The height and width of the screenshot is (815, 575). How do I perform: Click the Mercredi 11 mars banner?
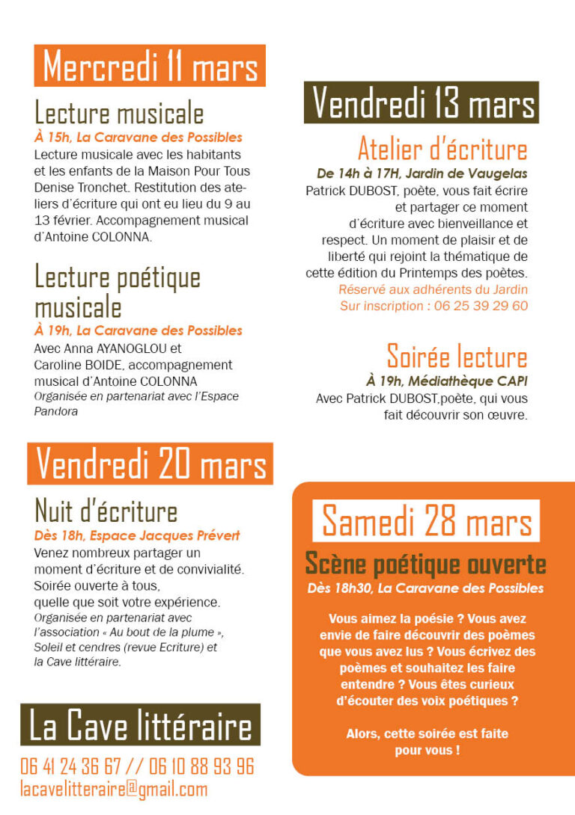click(x=150, y=66)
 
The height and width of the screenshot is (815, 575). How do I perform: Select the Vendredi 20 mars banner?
click(x=150, y=464)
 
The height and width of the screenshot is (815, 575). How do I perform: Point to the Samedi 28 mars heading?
click(x=426, y=520)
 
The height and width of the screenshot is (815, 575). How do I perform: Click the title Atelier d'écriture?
click(x=442, y=149)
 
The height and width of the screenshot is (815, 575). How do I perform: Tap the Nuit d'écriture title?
click(x=106, y=511)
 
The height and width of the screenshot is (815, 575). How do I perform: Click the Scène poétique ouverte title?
click(x=425, y=564)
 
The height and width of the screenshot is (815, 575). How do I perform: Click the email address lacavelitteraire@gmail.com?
click(x=114, y=789)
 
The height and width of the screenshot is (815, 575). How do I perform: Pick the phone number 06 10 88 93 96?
click(x=204, y=766)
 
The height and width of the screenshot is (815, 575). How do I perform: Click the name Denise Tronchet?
click(x=73, y=187)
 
